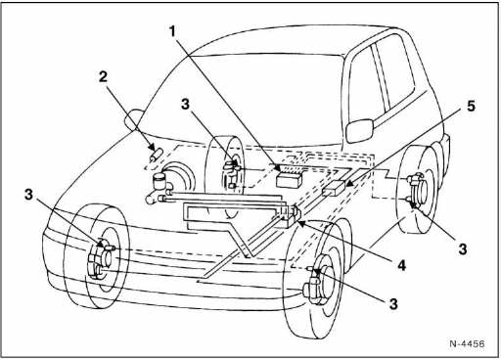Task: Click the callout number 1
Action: point(172,32)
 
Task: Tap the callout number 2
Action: point(104,77)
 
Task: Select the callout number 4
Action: point(401,265)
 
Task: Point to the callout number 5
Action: point(471,107)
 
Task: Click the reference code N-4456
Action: point(467,343)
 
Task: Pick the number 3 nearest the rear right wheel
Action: point(463,249)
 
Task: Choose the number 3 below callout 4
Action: point(393,304)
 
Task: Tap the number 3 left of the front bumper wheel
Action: point(29,195)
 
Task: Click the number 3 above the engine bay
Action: point(185,105)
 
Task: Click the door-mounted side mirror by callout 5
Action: point(359,130)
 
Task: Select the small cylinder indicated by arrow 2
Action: point(157,155)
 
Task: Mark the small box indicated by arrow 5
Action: point(334,189)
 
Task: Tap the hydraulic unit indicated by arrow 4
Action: point(289,215)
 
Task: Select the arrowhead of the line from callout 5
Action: point(348,184)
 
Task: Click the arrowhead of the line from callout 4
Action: point(299,223)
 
